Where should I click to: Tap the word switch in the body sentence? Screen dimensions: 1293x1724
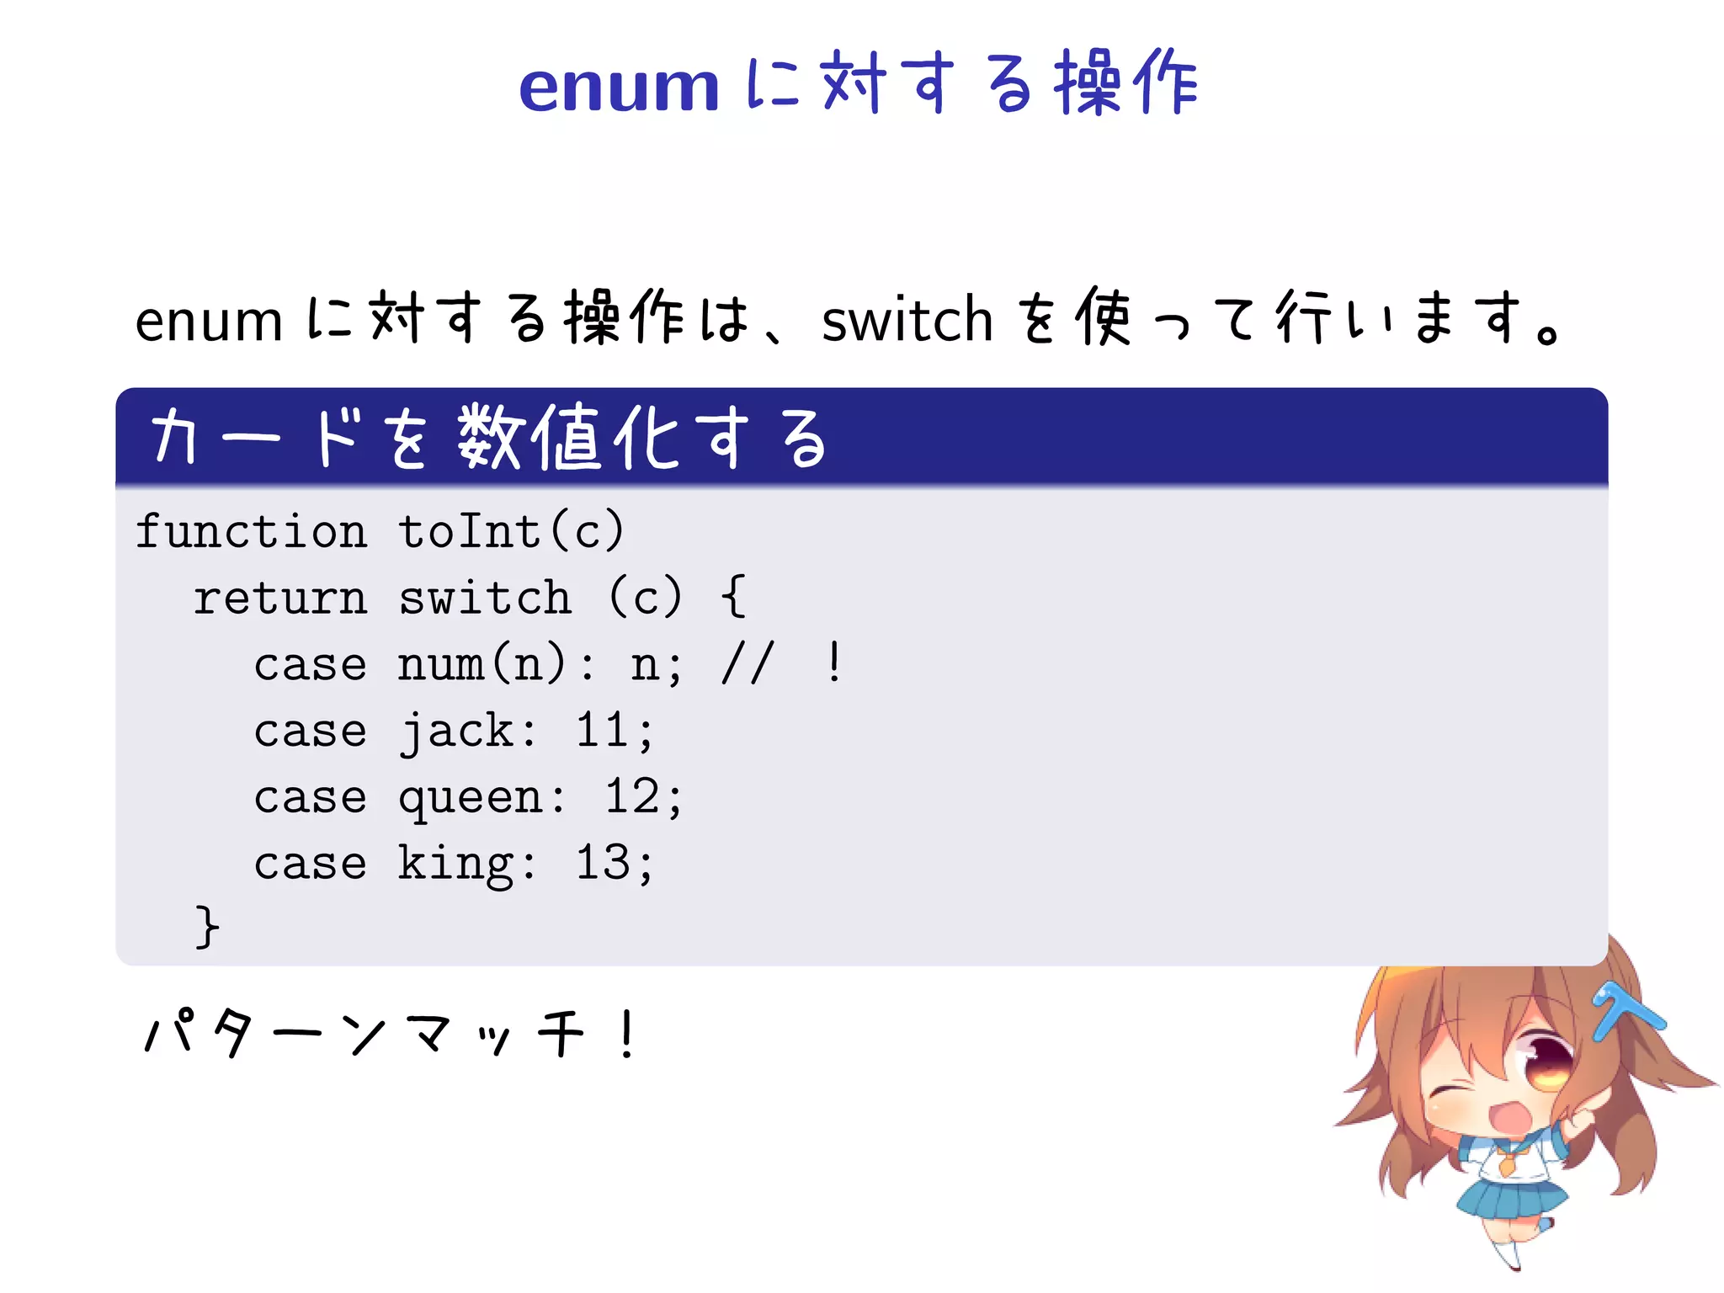pos(907,321)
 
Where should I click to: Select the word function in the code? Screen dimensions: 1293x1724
pos(251,532)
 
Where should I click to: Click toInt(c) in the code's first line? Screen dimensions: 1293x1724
pos(511,532)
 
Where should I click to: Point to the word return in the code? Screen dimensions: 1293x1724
pos(280,599)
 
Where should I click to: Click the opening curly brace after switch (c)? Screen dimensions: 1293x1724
pos(733,597)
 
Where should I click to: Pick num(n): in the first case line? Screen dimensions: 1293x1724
pos(495,665)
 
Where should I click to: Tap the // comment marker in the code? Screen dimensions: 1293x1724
pos(747,665)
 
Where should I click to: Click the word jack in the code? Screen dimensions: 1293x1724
pos(456,731)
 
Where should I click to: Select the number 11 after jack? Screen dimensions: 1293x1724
pos(603,731)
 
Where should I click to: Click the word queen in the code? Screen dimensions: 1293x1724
pos(471,798)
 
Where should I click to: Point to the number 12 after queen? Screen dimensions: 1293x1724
pos(632,797)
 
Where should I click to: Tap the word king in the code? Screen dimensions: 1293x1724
pos(456,864)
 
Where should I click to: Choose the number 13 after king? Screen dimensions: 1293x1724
pos(603,864)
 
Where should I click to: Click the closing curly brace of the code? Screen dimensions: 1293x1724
pos(207,928)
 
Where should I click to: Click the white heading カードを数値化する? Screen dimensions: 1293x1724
pos(488,438)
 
